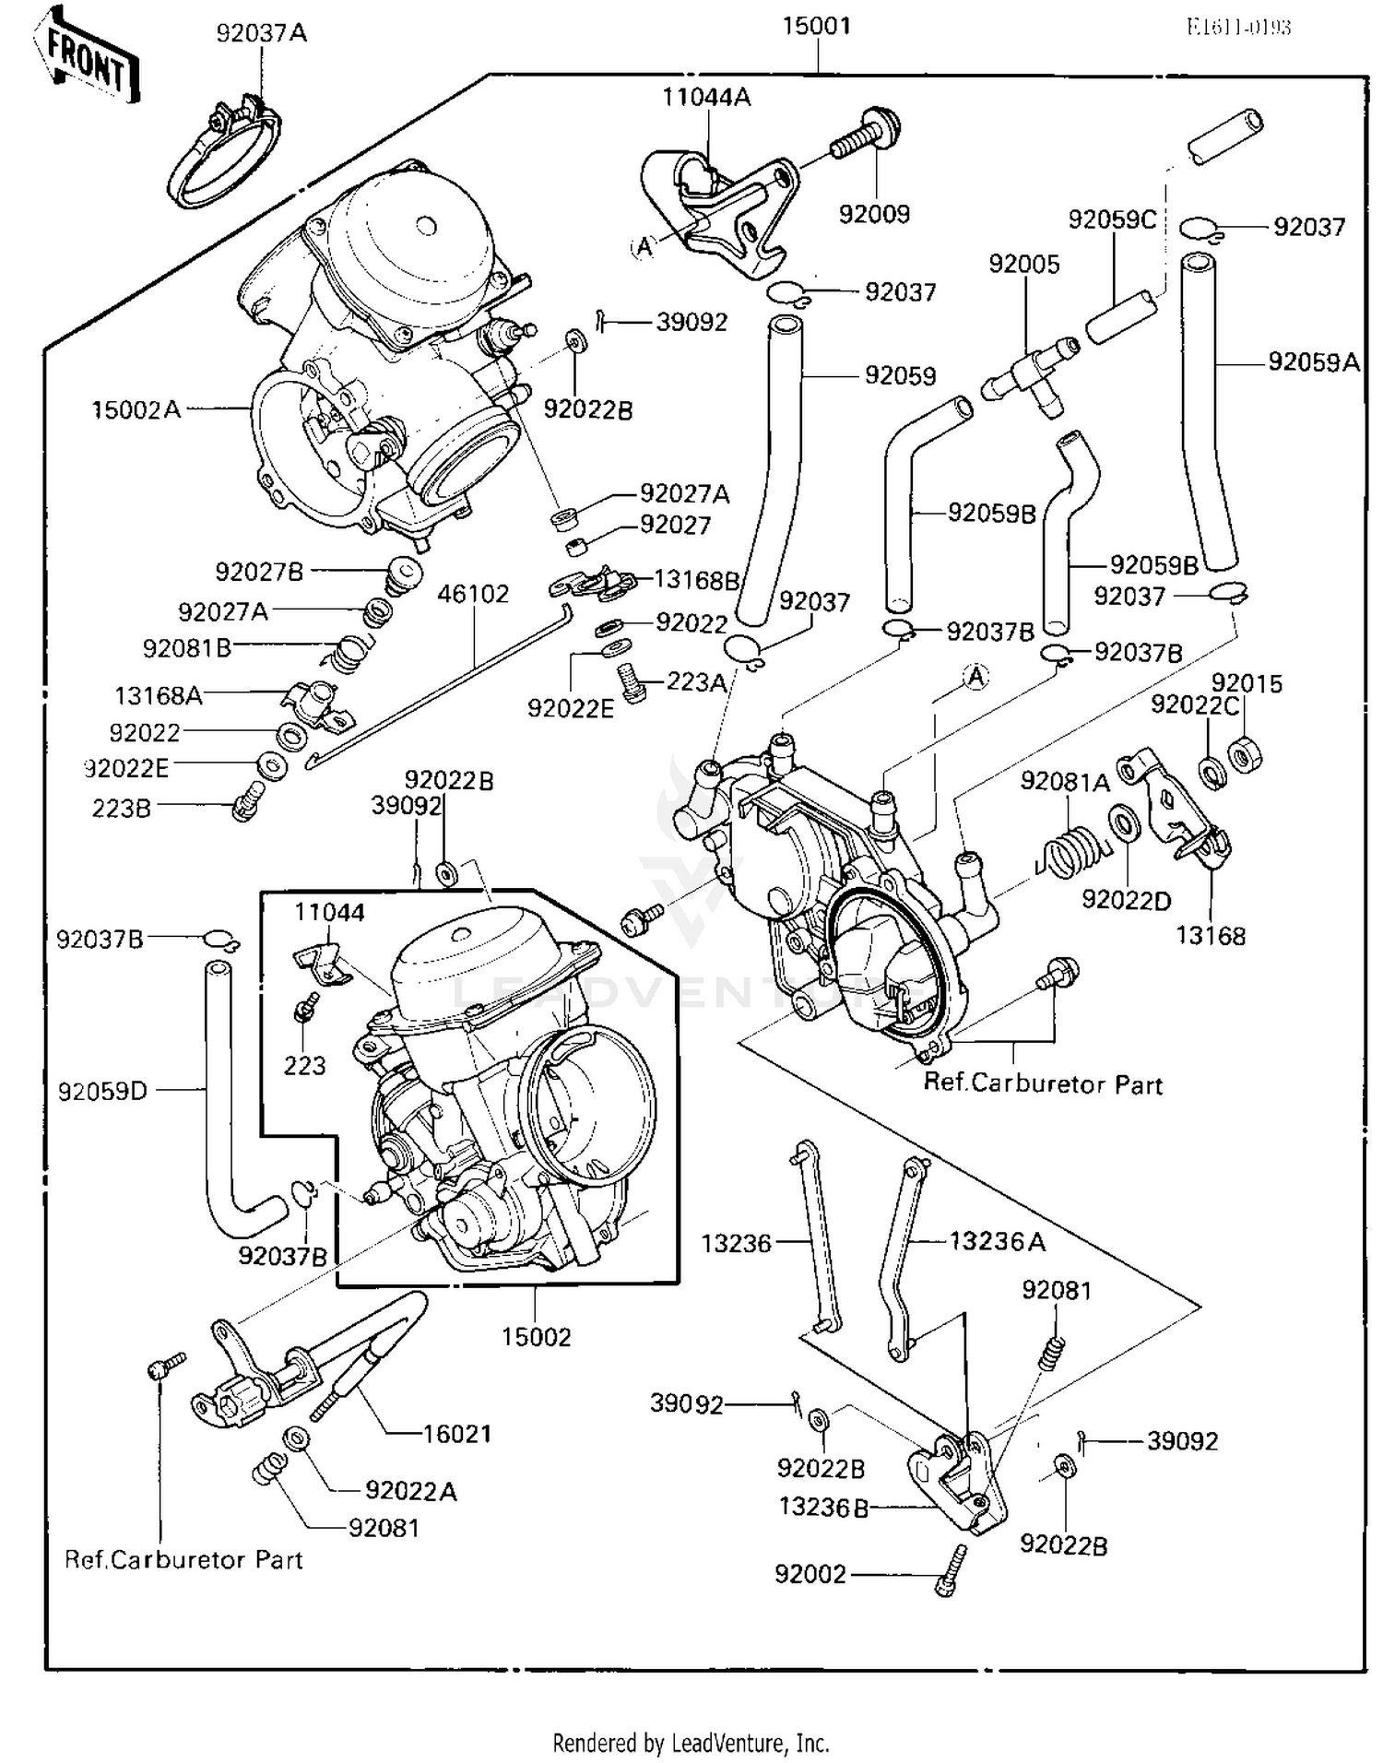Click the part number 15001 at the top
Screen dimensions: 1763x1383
coord(816,27)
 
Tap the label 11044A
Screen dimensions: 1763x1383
coord(706,97)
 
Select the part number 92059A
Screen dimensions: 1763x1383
coord(1313,362)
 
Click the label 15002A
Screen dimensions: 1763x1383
coord(136,409)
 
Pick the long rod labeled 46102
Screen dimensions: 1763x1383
coord(433,687)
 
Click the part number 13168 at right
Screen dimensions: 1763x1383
coord(1210,936)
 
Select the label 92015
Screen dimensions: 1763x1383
coord(1247,683)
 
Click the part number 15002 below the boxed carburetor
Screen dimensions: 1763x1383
coord(536,1336)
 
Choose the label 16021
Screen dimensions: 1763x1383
coord(457,1433)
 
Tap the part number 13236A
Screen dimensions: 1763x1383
coord(998,1242)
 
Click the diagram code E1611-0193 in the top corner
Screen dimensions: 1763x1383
coord(1238,27)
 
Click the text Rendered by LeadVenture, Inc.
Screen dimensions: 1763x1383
coord(691,1743)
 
